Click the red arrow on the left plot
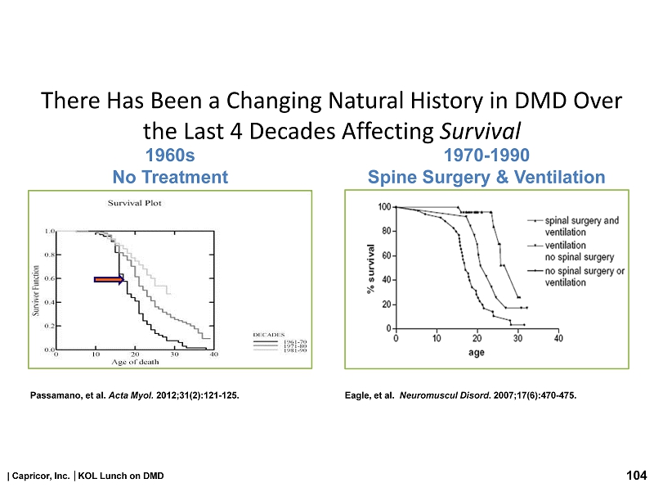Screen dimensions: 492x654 [x=109, y=280]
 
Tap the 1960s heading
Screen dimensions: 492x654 [x=170, y=156]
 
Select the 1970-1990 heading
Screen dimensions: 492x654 [x=486, y=156]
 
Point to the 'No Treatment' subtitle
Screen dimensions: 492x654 [x=170, y=177]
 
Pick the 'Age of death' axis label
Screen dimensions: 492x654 [x=135, y=363]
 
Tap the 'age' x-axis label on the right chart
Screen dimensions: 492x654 [x=476, y=354]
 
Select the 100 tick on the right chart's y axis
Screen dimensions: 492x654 [x=383, y=207]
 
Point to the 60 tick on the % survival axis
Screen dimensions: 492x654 [x=385, y=255]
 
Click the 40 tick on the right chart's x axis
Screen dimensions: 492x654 [x=558, y=338]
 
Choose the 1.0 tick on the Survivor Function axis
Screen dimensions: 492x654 [x=49, y=232]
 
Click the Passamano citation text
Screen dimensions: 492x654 [x=135, y=396]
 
